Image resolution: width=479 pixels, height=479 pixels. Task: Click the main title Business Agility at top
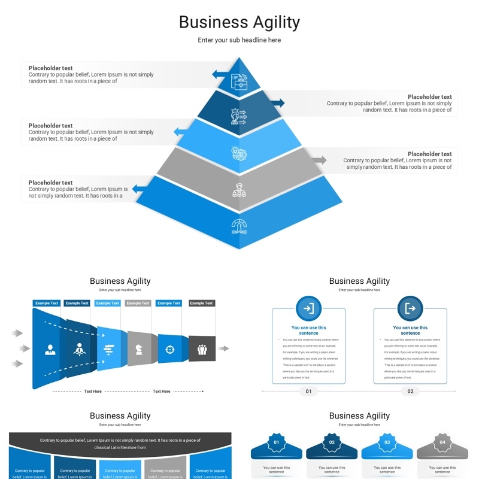point(239,22)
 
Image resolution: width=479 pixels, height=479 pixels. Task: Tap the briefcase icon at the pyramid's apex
point(239,82)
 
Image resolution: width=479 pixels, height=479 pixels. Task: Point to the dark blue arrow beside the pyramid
point(277,103)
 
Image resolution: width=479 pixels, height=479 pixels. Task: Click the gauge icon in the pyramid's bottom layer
point(239,226)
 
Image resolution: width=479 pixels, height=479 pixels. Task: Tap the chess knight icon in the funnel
point(139,349)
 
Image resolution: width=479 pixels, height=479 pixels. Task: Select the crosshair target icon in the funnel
point(169,349)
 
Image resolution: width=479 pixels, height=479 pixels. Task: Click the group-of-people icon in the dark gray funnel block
point(202,349)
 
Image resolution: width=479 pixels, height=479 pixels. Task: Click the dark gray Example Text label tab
point(202,303)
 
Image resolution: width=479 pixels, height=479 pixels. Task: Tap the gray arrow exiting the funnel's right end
point(223,348)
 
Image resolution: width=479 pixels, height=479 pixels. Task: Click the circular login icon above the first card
point(308,308)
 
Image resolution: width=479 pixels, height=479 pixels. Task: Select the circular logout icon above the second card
point(410,308)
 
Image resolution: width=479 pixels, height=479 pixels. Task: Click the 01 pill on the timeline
point(308,392)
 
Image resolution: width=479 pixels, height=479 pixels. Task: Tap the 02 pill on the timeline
point(410,392)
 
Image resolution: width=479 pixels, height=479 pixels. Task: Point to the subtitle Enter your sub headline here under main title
point(239,40)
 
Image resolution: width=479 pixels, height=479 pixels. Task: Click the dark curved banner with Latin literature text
point(120,443)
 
